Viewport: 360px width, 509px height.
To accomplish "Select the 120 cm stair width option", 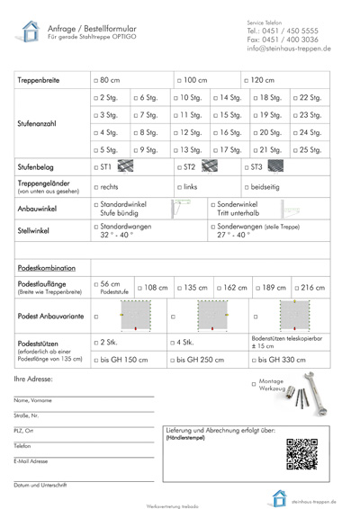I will tap(249, 79).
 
